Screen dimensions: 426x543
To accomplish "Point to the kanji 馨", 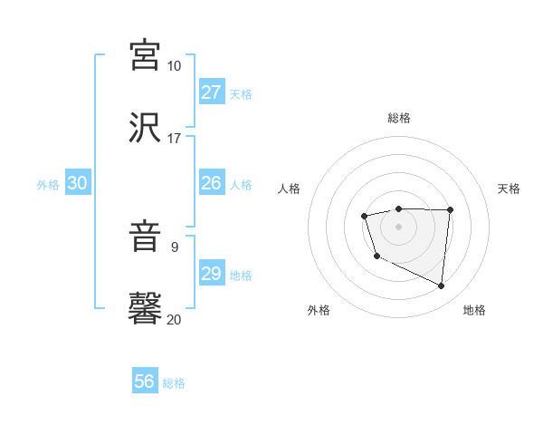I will pos(146,307).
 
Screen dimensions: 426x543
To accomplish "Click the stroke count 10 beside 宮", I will pos(174,66).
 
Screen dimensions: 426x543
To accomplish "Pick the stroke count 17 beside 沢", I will pos(174,139).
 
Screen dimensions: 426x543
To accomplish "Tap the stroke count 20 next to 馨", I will pos(174,319).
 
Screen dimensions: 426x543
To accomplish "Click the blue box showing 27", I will pos(211,92).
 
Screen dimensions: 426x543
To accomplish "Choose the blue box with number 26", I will pos(211,183).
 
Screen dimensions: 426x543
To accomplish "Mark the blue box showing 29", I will pos(211,274).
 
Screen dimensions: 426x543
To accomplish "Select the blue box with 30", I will pos(78,183).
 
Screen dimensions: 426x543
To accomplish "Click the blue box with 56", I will pos(145,382).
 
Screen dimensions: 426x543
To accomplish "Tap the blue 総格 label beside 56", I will pos(174,383).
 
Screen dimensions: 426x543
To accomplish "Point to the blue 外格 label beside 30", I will pos(48,185).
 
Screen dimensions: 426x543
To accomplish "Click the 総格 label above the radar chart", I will pos(399,118).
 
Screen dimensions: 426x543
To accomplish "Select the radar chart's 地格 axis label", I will pos(474,310).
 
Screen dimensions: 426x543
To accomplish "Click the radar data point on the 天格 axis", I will pos(451,210).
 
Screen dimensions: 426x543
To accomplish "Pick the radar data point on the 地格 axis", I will pos(442,286).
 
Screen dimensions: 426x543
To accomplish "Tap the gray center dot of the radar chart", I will pos(398,226).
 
